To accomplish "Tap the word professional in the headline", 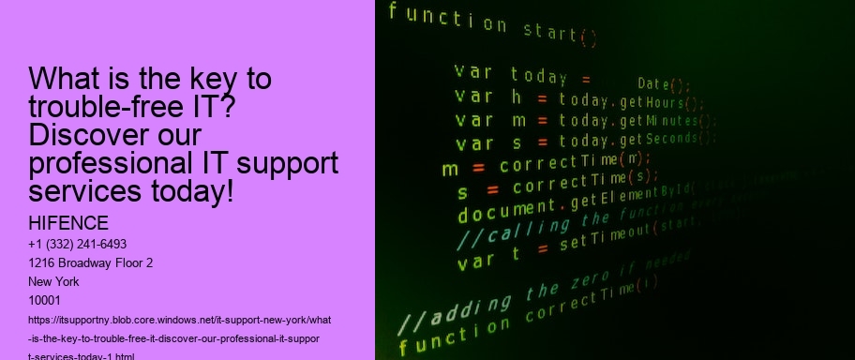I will (x=106, y=163).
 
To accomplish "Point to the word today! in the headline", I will (x=186, y=191).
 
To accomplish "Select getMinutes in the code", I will (x=666, y=122).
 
